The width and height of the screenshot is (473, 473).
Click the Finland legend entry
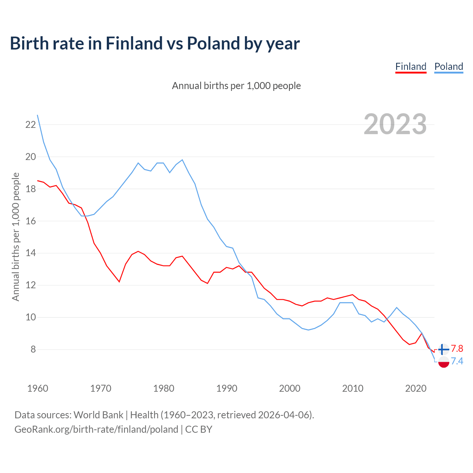click(x=411, y=67)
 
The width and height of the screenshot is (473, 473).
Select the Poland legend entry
click(x=449, y=67)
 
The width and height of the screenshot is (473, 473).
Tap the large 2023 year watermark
click(x=395, y=124)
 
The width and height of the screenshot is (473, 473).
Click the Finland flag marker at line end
click(x=443, y=349)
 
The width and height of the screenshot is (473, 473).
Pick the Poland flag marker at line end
click(x=443, y=362)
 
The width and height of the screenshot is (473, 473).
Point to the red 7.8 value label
click(x=457, y=349)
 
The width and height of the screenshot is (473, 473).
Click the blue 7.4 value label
click(x=457, y=361)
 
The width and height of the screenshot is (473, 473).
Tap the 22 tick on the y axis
click(x=30, y=125)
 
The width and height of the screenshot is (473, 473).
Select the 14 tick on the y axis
click(x=30, y=253)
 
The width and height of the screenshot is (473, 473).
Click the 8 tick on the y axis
click(x=33, y=349)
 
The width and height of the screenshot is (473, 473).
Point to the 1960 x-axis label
click(x=38, y=388)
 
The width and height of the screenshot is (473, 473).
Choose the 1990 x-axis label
click(x=227, y=388)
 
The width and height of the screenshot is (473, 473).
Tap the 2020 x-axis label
click(x=416, y=388)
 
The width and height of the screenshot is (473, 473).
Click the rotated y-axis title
click(x=16, y=236)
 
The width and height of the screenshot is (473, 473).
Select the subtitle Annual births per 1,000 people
click(x=236, y=86)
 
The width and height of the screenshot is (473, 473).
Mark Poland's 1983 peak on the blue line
click(x=182, y=160)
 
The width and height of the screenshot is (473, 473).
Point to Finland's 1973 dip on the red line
click(x=119, y=282)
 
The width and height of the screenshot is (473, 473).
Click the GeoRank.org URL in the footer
click(x=96, y=429)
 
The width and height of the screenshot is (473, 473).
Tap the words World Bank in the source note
click(x=98, y=415)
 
